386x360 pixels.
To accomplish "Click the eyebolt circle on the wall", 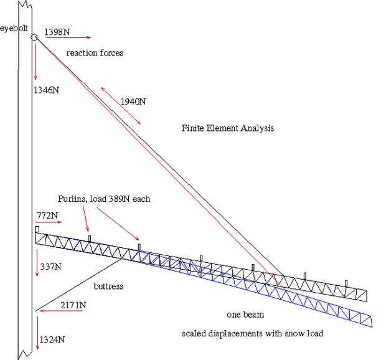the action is tap(34, 37).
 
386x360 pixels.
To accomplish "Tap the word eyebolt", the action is tap(13, 28).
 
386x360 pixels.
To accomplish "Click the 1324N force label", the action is tap(52, 339).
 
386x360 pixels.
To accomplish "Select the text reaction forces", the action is tap(95, 53).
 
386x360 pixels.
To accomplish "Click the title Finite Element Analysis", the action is tap(228, 128).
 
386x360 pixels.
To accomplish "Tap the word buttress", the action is tap(108, 287).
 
